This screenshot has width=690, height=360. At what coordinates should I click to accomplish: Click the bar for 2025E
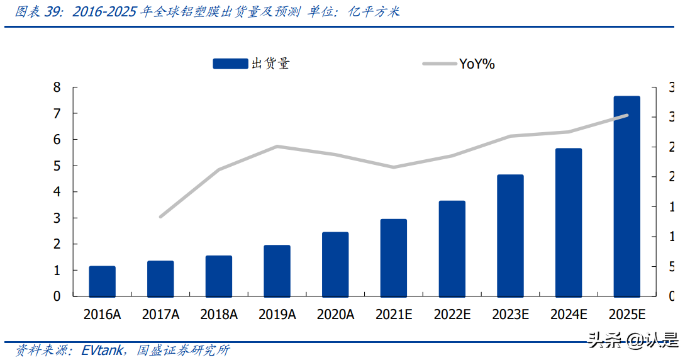click(626, 196)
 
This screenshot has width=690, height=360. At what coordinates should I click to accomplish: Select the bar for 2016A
click(102, 281)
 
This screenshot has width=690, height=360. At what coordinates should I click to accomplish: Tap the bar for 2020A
click(335, 264)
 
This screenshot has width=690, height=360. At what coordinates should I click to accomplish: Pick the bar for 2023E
click(510, 235)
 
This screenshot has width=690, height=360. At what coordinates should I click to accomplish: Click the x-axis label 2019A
click(277, 315)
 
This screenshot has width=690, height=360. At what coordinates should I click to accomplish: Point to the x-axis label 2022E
click(452, 315)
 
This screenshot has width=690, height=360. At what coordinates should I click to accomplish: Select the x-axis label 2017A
click(160, 315)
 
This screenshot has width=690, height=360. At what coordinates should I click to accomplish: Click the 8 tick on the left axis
click(57, 87)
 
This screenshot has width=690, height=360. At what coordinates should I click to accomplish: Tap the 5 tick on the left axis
click(57, 166)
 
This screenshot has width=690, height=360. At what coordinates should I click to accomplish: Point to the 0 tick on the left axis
click(57, 296)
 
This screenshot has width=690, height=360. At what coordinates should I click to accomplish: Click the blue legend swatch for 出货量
click(231, 64)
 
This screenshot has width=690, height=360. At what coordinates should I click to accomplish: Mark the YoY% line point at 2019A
click(277, 147)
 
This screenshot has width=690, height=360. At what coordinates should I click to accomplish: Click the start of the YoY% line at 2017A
click(160, 217)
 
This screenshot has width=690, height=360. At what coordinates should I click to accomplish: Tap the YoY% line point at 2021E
click(394, 167)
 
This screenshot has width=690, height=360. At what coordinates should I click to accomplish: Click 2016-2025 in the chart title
click(104, 12)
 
